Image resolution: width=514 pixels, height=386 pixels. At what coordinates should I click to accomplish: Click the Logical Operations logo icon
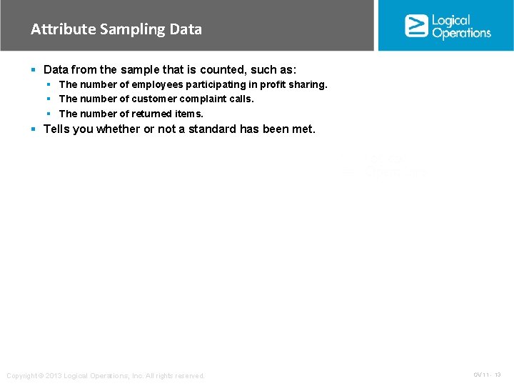(x=416, y=26)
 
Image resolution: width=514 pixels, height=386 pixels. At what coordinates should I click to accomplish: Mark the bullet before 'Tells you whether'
(x=34, y=129)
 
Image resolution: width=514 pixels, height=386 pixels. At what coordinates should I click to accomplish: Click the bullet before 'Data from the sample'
(x=34, y=70)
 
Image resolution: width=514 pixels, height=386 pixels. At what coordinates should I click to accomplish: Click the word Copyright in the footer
(x=23, y=376)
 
